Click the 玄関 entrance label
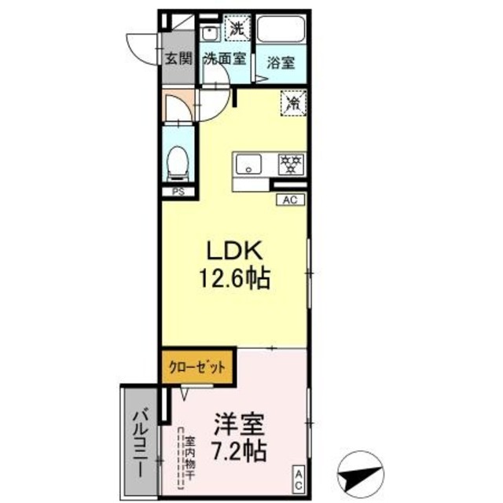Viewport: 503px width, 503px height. coord(178,58)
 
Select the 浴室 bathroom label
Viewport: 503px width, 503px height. coord(280,63)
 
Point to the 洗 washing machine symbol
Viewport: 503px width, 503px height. coord(236,26)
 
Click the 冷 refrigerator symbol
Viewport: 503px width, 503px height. coord(292,102)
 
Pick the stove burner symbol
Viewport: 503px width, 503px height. coord(291,164)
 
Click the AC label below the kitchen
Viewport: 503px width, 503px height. coord(290,200)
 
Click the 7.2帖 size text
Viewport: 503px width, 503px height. coord(237,452)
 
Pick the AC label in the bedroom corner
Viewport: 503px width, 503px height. coord(299,477)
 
